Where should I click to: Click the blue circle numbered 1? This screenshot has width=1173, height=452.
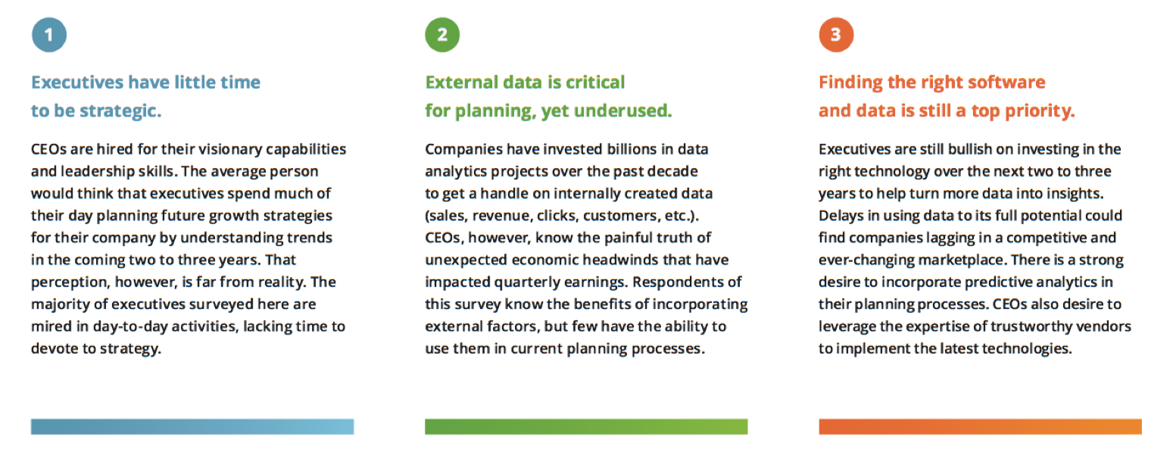pos(49,35)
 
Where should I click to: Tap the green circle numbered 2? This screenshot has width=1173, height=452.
pos(442,35)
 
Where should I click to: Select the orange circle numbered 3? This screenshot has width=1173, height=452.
pos(836,35)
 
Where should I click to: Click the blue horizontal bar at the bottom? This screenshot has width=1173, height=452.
pos(192,426)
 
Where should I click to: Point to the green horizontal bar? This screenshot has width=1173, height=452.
pos(586,426)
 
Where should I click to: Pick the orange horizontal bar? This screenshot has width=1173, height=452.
pos(981,426)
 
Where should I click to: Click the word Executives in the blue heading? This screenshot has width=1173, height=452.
pos(77,83)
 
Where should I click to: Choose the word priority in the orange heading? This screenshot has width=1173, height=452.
pos(1040,111)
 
